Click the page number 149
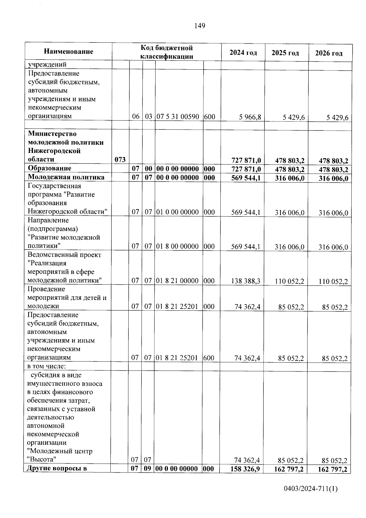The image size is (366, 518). coord(200,26)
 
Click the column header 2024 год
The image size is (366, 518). coord(243,53)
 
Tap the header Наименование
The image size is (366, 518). coord(68,51)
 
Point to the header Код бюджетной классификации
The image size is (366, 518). coord(167,52)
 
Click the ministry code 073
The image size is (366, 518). coord(120,159)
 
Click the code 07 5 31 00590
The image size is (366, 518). coord(178,117)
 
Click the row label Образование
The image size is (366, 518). coord(49,168)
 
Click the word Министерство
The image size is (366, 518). coord(52,134)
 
